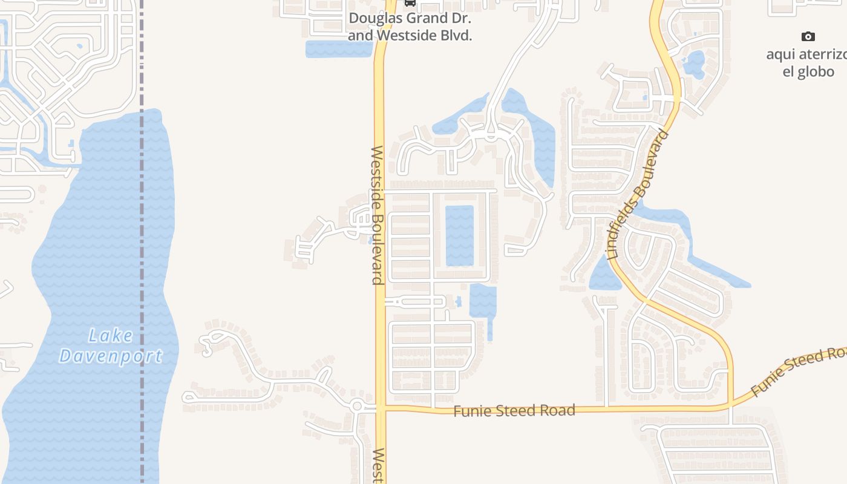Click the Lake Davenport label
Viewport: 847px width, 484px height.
pyautogui.click(x=111, y=345)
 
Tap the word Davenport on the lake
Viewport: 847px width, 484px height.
pyautogui.click(x=111, y=356)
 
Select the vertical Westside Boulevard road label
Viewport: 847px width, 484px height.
pyautogui.click(x=377, y=215)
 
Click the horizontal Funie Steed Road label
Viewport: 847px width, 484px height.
pyautogui.click(x=514, y=411)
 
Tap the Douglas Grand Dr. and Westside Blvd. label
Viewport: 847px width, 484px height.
pyautogui.click(x=410, y=27)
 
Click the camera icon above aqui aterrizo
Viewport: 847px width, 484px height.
pyautogui.click(x=808, y=37)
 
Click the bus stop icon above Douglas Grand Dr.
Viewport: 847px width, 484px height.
pyautogui.click(x=410, y=2)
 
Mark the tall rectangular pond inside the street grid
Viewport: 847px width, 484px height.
pyautogui.click(x=460, y=235)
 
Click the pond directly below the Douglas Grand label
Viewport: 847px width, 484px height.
pyautogui.click(x=338, y=49)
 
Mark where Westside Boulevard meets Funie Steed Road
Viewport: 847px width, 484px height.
pyautogui.click(x=381, y=408)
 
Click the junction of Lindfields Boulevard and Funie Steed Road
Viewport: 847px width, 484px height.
pyautogui.click(x=731, y=404)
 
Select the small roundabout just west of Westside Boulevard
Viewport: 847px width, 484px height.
pyautogui.click(x=356, y=406)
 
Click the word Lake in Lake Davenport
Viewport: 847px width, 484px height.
pyautogui.click(x=111, y=335)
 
